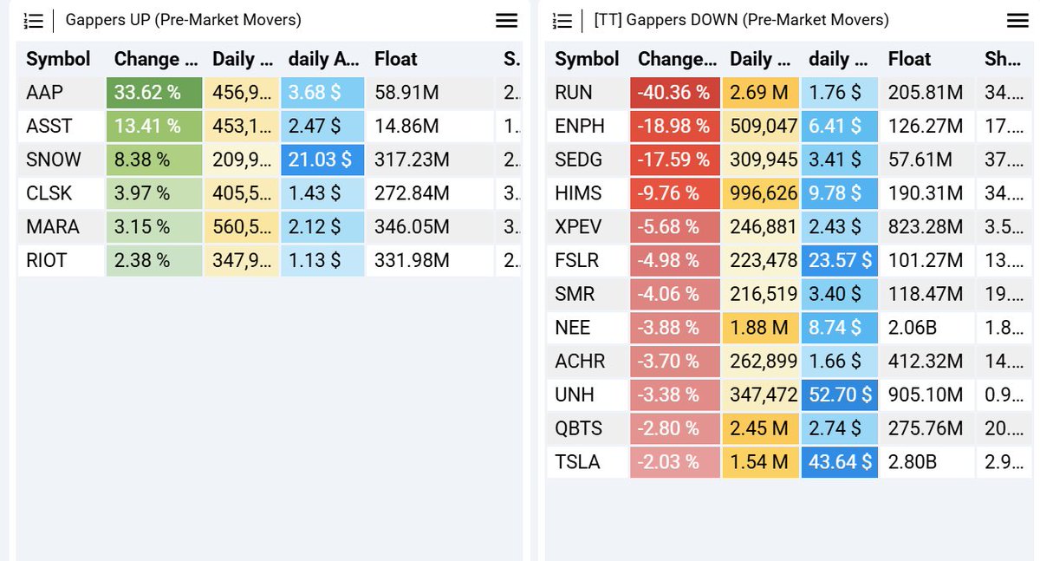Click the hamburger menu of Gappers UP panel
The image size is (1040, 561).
pyautogui.click(x=507, y=21)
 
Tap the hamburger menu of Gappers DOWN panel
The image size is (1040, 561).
pyautogui.click(x=1017, y=21)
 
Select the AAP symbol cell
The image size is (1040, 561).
pyautogui.click(x=45, y=93)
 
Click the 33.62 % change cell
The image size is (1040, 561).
pyautogui.click(x=153, y=93)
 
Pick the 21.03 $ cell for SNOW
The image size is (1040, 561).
pyautogui.click(x=322, y=160)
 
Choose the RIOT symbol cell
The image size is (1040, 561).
pyautogui.click(x=47, y=260)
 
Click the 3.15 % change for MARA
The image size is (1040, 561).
pyautogui.click(x=153, y=227)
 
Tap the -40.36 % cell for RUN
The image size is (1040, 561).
pyautogui.click(x=674, y=93)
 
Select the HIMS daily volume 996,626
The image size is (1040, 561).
pyautogui.click(x=763, y=193)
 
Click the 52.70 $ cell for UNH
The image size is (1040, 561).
pyautogui.click(x=839, y=395)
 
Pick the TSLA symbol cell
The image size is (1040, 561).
pyautogui.click(x=578, y=462)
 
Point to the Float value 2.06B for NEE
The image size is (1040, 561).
pyautogui.click(x=913, y=328)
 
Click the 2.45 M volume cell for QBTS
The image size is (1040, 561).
pyautogui.click(x=763, y=428)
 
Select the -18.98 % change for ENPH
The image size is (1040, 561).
pyautogui.click(x=674, y=127)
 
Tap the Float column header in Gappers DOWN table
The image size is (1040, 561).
pyautogui.click(x=909, y=59)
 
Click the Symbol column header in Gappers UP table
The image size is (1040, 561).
pyautogui.click(x=58, y=59)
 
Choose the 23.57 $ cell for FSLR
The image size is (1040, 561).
pyautogui.click(x=839, y=260)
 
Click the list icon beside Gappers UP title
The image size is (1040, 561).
pyautogui.click(x=33, y=21)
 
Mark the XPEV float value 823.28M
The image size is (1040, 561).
pyautogui.click(x=925, y=227)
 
